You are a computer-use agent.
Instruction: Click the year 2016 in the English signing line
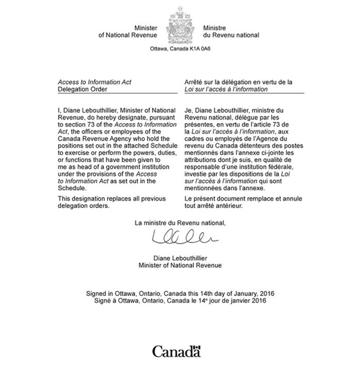click(x=266, y=293)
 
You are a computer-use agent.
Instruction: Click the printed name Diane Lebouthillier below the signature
click(x=180, y=258)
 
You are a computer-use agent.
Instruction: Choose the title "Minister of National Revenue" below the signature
click(x=180, y=265)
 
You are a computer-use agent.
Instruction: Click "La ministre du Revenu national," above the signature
click(x=180, y=223)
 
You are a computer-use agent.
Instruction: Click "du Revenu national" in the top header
click(x=231, y=36)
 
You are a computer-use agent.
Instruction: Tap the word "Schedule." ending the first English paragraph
click(x=71, y=188)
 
